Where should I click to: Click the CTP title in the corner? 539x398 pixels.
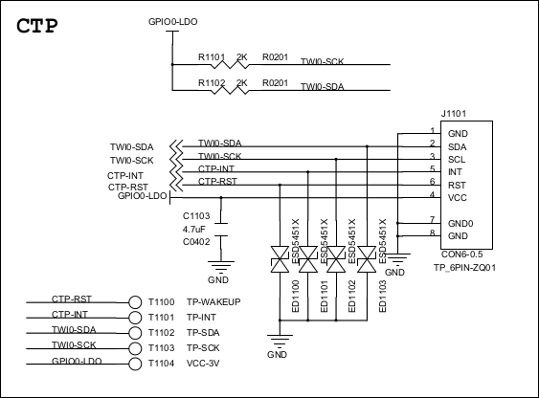click(x=37, y=26)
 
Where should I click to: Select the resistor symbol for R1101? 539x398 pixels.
click(x=230, y=64)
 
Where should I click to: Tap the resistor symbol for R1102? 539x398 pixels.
click(x=230, y=90)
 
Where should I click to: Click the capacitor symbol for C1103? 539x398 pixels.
click(x=221, y=230)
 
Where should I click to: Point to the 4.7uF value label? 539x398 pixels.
click(x=194, y=229)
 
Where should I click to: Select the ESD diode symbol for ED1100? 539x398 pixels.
click(x=280, y=259)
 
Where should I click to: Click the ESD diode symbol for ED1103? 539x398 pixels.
click(x=367, y=259)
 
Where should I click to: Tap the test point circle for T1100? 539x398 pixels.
click(x=135, y=302)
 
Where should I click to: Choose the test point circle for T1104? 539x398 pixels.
click(x=135, y=364)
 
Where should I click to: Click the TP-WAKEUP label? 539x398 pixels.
click(x=213, y=301)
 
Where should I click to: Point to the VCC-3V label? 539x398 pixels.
click(x=203, y=363)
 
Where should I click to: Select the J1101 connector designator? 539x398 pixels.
click(x=454, y=113)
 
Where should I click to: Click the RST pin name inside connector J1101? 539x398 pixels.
click(x=457, y=185)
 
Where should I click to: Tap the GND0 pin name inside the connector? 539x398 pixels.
click(x=460, y=224)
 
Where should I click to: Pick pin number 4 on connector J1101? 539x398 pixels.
click(x=432, y=194)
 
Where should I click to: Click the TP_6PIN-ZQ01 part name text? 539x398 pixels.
click(x=464, y=268)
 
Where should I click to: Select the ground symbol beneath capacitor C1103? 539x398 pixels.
click(x=221, y=267)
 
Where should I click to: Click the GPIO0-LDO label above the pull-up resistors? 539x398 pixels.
click(x=173, y=22)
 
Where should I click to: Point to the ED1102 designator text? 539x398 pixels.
click(x=351, y=297)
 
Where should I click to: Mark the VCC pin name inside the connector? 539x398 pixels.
click(x=458, y=198)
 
